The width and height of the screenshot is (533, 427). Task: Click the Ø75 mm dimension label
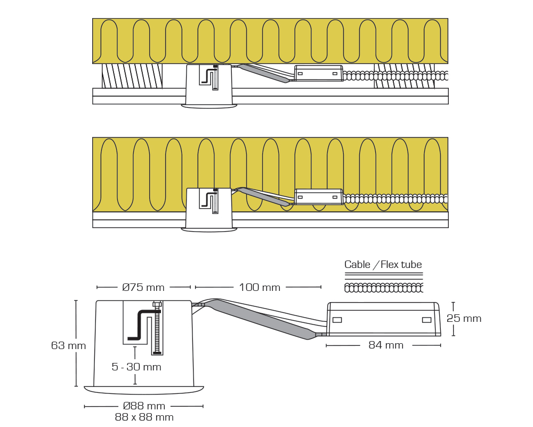point(143,287)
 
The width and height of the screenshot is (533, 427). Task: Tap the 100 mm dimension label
point(260,287)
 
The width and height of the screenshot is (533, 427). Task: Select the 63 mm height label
point(68,345)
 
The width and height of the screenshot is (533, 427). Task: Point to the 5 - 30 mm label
point(136,367)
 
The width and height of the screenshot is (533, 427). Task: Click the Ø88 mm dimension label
point(144,406)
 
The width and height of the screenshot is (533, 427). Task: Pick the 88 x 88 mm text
point(144,417)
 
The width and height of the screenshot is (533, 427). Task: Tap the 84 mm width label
point(386,345)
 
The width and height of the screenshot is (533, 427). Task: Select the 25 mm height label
point(464,318)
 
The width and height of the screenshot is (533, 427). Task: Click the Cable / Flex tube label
point(383,265)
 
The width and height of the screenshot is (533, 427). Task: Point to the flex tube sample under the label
point(384,288)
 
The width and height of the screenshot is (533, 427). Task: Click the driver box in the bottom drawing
point(384,319)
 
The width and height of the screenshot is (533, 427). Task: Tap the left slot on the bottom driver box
point(337,320)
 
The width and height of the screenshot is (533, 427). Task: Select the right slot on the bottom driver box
point(426,320)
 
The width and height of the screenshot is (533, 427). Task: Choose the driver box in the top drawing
point(319,73)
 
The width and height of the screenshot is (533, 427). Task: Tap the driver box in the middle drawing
point(319,197)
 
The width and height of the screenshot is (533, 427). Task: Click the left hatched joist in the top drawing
point(132,76)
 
